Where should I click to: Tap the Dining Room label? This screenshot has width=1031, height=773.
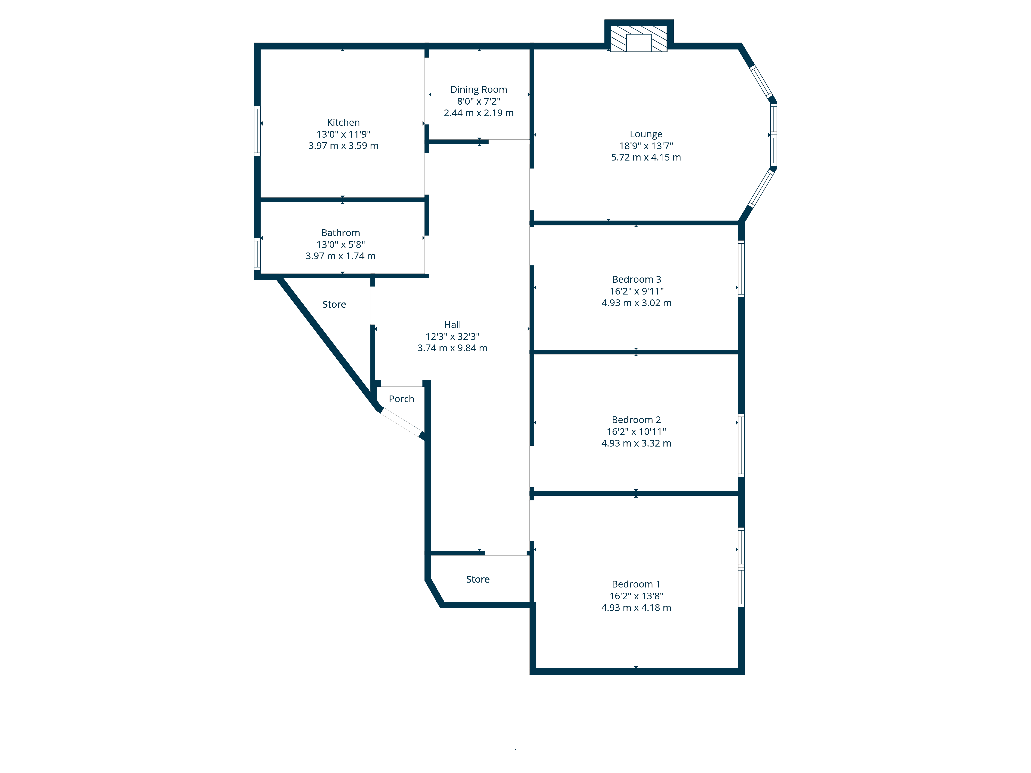pos(479,89)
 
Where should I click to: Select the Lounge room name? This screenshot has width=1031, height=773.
pos(646,134)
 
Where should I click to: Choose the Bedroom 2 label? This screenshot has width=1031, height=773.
pos(636,420)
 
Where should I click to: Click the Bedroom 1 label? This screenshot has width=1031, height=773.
pos(636,584)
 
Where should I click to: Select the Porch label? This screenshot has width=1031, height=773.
pos(401,399)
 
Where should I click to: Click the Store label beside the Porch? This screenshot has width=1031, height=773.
pos(334,304)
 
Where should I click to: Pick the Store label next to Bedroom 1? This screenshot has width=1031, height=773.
pos(478,579)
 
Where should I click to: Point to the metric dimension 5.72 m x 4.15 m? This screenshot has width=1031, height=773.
pos(646,157)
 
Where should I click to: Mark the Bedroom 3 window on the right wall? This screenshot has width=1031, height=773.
pos(741,269)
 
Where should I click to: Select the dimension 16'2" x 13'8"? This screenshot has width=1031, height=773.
pos(636,596)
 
